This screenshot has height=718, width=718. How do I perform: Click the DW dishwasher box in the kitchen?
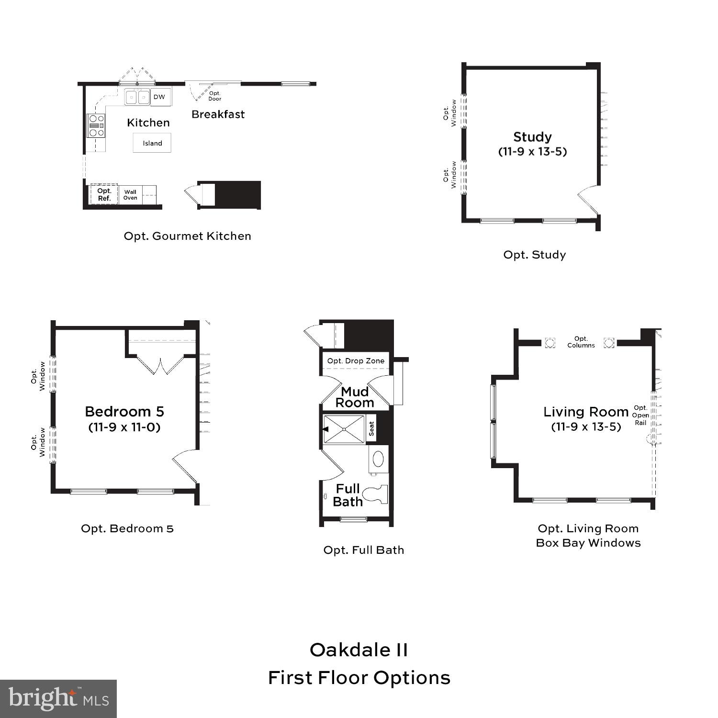(159, 97)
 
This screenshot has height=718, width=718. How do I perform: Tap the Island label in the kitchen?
(152, 143)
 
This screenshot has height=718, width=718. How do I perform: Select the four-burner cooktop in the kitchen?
(96, 125)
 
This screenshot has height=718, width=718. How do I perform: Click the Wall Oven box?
(130, 195)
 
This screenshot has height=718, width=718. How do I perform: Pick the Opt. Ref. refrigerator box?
(104, 194)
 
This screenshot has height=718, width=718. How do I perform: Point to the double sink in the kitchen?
(138, 98)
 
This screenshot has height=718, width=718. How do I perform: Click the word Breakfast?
(218, 114)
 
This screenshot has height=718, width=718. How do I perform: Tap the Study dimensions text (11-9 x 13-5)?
(532, 152)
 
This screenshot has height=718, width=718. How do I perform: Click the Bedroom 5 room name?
(124, 412)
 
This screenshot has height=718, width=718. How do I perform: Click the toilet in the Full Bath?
(376, 494)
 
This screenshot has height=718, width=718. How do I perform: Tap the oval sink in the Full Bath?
(378, 459)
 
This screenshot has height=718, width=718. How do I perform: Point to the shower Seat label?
(372, 428)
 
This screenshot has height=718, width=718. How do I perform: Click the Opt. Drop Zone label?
(356, 361)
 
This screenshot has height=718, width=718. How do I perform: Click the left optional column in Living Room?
(550, 343)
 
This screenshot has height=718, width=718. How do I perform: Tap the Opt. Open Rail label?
(640, 415)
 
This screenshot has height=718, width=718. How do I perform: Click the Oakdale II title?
(359, 650)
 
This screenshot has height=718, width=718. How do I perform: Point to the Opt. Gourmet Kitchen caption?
(187, 236)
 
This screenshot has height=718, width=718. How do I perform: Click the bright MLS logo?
(58, 699)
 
